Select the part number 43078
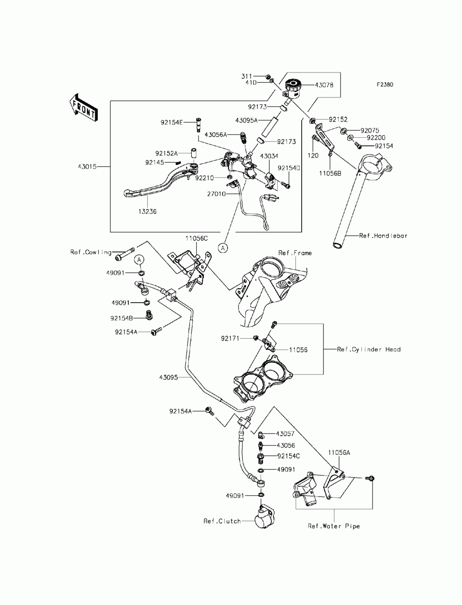[x=324, y=85]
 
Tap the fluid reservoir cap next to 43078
[x=292, y=85]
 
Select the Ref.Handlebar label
[x=383, y=235]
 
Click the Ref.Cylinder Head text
[x=369, y=349]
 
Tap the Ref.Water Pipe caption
[x=334, y=526]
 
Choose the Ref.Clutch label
[x=222, y=521]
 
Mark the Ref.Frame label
[x=295, y=253]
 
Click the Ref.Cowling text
[x=91, y=252]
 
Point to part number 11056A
[x=340, y=453]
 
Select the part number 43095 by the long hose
[x=169, y=377]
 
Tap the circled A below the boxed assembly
[x=223, y=248]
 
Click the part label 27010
[x=217, y=194]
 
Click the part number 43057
[x=286, y=434]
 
